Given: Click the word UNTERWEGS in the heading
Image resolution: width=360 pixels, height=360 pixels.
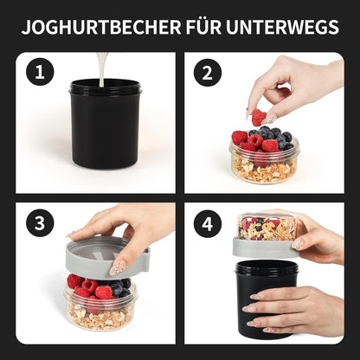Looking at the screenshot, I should [282, 27].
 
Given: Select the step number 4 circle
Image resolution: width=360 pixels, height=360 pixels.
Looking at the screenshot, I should [207, 223].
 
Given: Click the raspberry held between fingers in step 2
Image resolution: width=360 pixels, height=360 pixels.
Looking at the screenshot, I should [259, 117].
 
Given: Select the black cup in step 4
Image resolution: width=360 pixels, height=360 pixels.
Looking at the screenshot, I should [266, 303].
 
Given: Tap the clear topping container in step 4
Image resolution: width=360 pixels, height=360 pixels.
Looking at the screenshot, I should [267, 226].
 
